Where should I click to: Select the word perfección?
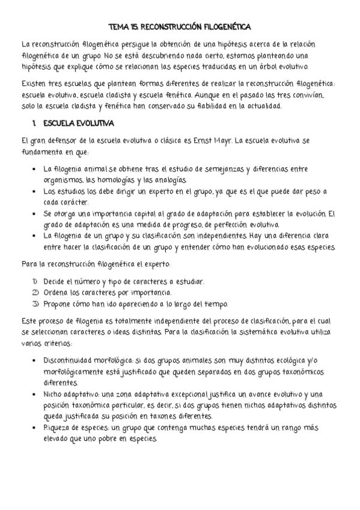point(224,224)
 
